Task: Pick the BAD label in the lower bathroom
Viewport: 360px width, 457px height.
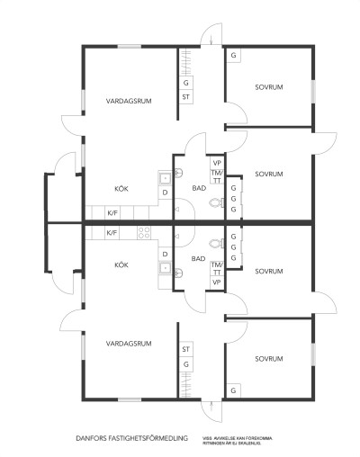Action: tap(198, 258)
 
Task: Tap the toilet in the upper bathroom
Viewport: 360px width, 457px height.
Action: tap(213, 204)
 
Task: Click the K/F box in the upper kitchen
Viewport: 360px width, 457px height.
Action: tap(112, 212)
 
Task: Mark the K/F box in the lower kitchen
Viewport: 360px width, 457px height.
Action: tap(112, 232)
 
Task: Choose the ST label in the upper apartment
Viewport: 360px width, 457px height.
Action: tap(186, 95)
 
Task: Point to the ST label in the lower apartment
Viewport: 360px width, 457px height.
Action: tap(186, 349)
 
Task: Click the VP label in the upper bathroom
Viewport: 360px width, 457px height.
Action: tap(216, 162)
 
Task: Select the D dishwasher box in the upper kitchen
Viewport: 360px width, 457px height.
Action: tap(165, 192)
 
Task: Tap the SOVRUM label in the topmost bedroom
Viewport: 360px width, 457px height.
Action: tap(269, 87)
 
